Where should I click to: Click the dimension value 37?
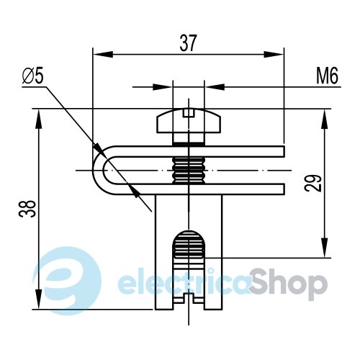click(189, 43)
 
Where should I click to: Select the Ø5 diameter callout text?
click(33, 76)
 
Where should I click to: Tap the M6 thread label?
click(327, 76)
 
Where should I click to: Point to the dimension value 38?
click(27, 209)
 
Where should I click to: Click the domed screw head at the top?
click(189, 120)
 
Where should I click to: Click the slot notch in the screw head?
click(189, 113)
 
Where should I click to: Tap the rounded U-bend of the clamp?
click(99, 171)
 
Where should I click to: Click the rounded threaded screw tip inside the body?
click(189, 244)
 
